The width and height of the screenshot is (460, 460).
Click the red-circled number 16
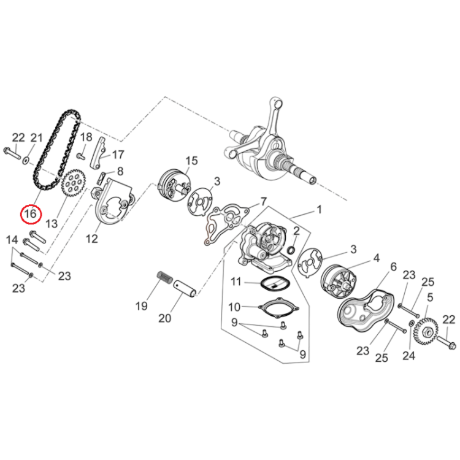(31, 213)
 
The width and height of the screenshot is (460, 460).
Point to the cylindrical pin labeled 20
(185, 289)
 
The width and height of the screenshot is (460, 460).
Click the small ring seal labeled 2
(291, 250)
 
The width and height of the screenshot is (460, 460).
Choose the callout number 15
(192, 161)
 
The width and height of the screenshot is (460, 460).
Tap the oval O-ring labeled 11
(275, 285)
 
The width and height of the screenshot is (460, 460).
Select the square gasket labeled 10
(278, 308)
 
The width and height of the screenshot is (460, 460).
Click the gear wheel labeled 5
(426, 331)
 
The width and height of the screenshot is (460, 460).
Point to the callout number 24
(409, 356)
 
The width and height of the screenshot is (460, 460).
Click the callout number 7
(264, 202)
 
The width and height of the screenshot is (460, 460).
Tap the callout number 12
(91, 239)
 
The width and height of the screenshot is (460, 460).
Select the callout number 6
(393, 266)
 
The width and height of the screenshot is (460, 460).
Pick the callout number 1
(319, 209)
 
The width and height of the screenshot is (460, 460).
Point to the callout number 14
(12, 240)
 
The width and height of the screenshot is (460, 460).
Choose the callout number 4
(377, 258)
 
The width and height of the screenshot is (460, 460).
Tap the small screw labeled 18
(81, 155)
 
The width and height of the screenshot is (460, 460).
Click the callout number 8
(120, 171)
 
